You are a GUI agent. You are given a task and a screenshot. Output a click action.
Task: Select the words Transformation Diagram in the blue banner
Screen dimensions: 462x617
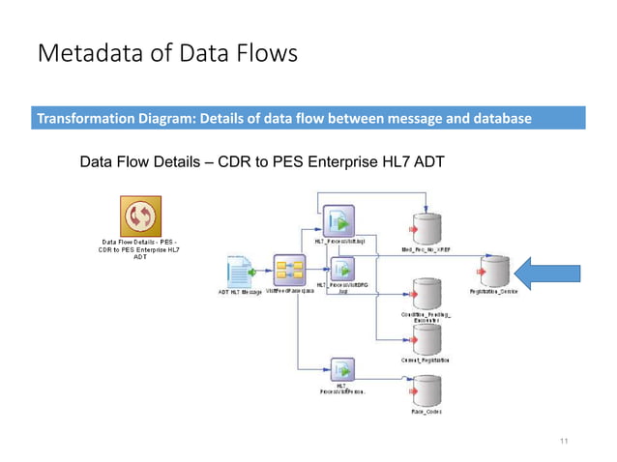(112, 119)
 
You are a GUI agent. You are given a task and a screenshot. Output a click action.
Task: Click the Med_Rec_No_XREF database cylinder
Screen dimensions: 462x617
(425, 224)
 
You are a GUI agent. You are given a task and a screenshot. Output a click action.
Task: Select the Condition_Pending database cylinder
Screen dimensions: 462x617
(426, 294)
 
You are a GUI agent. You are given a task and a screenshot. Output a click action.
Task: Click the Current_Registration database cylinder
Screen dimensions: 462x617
(426, 338)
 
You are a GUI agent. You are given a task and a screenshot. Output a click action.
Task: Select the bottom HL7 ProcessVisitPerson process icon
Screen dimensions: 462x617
(341, 369)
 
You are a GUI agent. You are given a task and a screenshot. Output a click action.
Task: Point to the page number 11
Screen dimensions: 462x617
(566, 441)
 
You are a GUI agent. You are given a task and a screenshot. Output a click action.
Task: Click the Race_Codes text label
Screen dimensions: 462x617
(426, 413)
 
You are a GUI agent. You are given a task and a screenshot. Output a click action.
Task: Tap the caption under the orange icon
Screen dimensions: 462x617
(141, 249)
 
